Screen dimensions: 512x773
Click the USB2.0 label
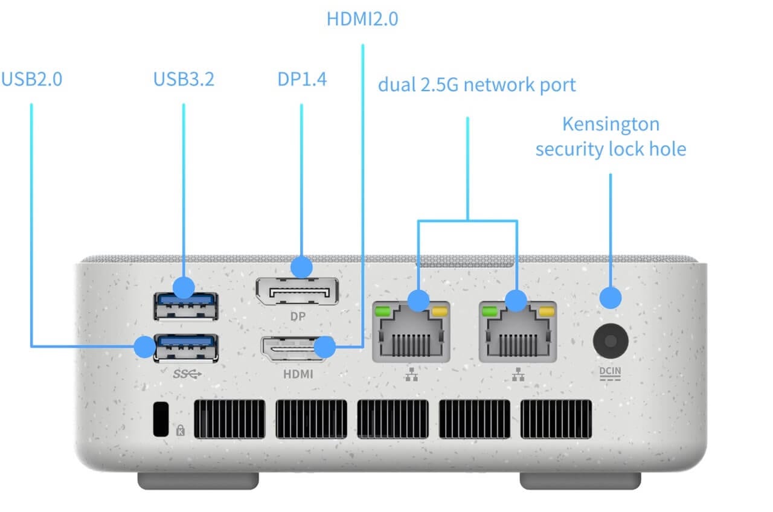[x=31, y=79]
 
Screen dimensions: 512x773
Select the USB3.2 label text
[x=184, y=79]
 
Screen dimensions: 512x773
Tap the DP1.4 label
[x=302, y=79]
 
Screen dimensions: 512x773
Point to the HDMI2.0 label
[x=362, y=19]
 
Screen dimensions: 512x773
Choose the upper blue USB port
[x=186, y=305]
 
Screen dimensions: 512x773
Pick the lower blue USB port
[x=186, y=348]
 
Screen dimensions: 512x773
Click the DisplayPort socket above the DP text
[x=296, y=292]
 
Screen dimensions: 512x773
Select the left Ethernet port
[x=411, y=332]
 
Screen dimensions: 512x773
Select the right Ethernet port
[x=517, y=332]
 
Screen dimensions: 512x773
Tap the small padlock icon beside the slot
[x=180, y=430]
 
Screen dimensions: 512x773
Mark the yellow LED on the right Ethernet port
[x=547, y=312]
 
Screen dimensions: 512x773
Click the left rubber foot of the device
[x=198, y=481]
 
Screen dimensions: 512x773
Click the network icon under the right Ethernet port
[x=518, y=376]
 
